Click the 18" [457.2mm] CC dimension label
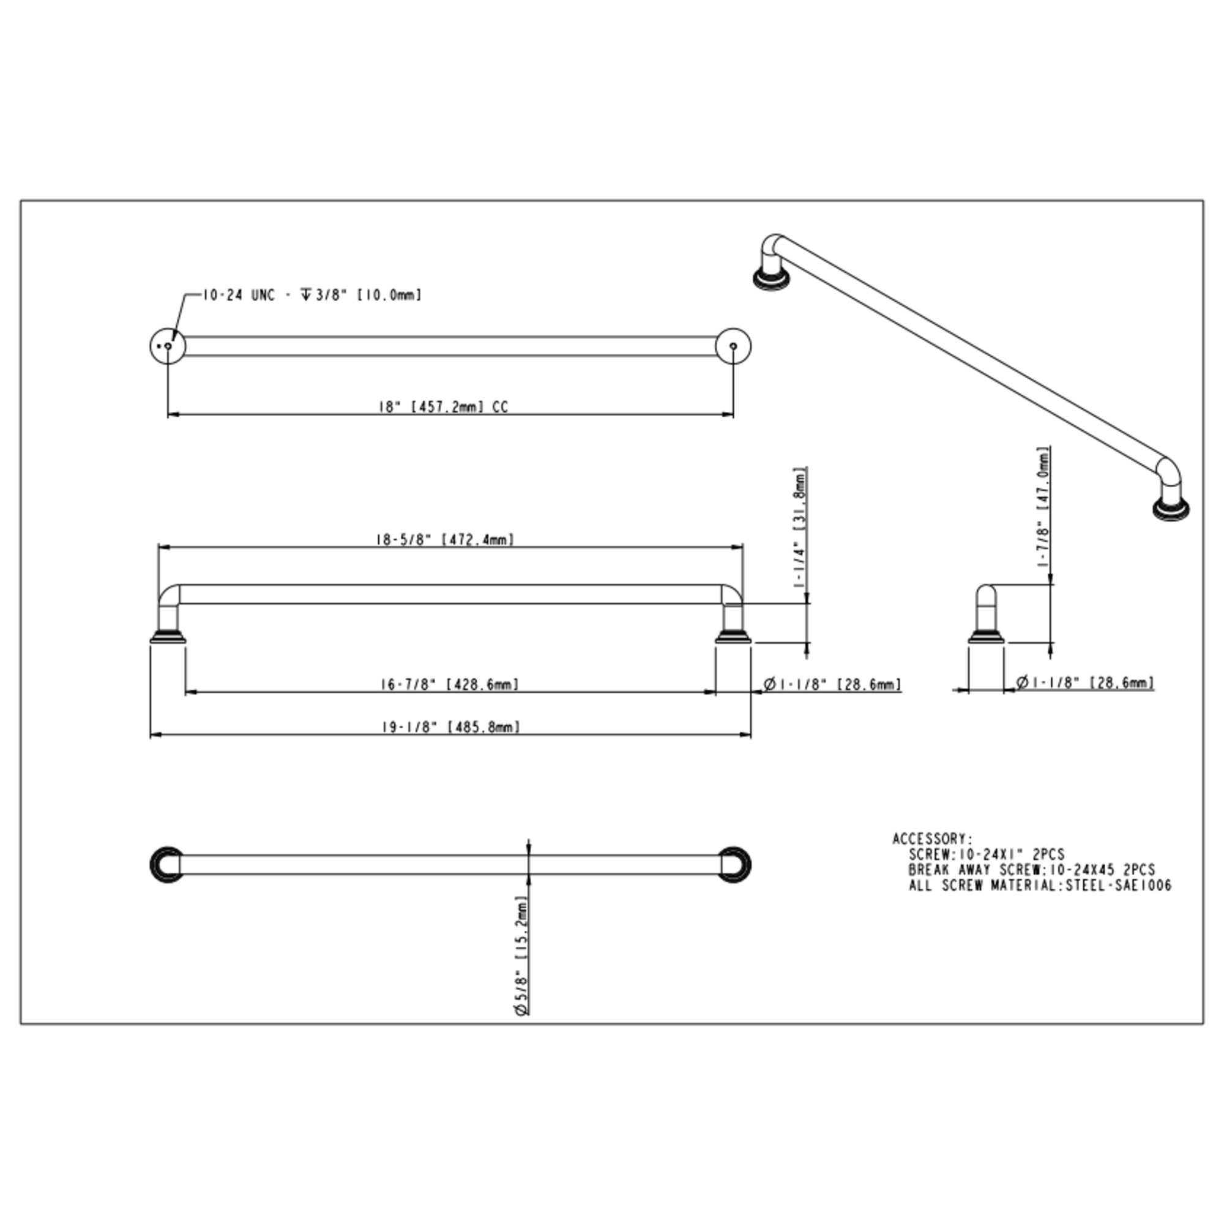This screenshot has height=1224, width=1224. (444, 407)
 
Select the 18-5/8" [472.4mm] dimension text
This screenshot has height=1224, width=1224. (444, 539)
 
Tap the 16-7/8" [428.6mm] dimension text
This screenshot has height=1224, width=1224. (449, 684)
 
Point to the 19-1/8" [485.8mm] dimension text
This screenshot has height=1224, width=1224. (450, 726)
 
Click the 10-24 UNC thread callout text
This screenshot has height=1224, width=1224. (239, 295)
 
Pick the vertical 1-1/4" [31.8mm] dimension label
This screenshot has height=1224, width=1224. (800, 529)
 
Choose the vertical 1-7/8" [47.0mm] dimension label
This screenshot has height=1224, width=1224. (1043, 507)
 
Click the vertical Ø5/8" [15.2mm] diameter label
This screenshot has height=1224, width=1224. (521, 956)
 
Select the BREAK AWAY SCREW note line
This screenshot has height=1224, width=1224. (1031, 870)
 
